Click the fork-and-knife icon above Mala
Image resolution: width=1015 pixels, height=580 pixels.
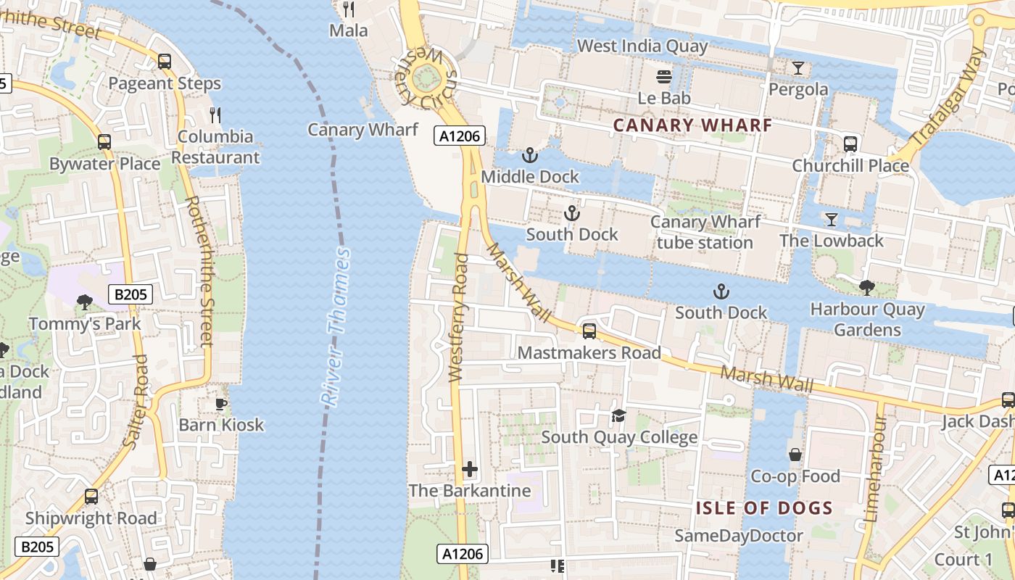[349, 9]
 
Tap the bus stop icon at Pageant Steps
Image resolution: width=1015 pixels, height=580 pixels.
[165, 62]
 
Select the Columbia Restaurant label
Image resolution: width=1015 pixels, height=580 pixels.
[215, 146]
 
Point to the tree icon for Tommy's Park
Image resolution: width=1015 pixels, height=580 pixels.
[85, 302]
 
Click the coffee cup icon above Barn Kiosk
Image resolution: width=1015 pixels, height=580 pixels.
[221, 404]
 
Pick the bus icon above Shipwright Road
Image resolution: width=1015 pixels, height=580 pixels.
[91, 497]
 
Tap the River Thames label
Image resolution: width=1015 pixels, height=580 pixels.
[336, 326]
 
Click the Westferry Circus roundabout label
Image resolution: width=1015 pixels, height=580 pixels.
[427, 78]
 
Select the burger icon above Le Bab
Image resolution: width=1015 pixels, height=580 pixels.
[664, 76]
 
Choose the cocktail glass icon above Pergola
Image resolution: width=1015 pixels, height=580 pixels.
[797, 68]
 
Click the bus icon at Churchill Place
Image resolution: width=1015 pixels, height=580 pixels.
[850, 144]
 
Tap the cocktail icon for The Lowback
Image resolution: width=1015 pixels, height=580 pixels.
[831, 219]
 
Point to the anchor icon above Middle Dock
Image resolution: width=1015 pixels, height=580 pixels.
[530, 155]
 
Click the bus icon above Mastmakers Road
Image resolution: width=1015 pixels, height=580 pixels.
[589, 331]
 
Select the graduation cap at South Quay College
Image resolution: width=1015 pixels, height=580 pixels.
[618, 415]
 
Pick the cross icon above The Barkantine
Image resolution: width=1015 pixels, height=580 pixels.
[470, 469]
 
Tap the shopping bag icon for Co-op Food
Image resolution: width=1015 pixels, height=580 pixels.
[795, 455]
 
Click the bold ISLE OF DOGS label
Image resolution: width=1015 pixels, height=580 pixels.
[764, 508]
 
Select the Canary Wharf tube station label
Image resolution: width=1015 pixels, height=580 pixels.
[705, 232]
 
